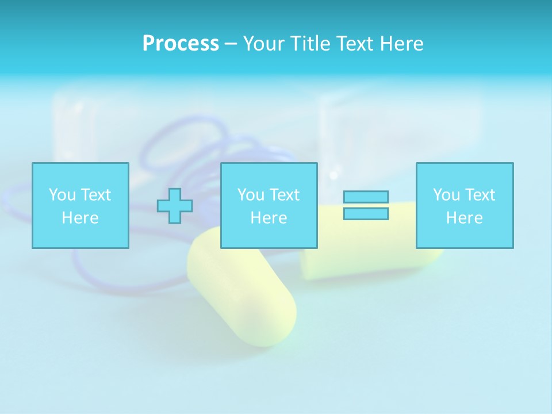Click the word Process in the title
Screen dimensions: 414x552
(181, 44)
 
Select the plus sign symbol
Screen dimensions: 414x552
(175, 206)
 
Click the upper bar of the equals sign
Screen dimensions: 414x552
(366, 197)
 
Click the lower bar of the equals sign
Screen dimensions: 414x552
(366, 214)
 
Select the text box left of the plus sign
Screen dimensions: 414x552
(80, 205)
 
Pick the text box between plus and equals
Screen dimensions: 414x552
(269, 205)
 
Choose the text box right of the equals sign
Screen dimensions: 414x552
(465, 205)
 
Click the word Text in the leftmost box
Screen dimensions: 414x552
(95, 195)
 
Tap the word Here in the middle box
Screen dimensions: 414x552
(269, 218)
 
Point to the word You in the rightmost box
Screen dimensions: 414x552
(446, 195)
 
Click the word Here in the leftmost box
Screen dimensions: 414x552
(80, 218)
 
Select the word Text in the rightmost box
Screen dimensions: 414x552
(480, 195)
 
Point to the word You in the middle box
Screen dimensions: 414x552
(251, 195)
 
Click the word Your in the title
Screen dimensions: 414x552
(264, 44)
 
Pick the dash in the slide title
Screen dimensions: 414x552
(231, 44)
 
